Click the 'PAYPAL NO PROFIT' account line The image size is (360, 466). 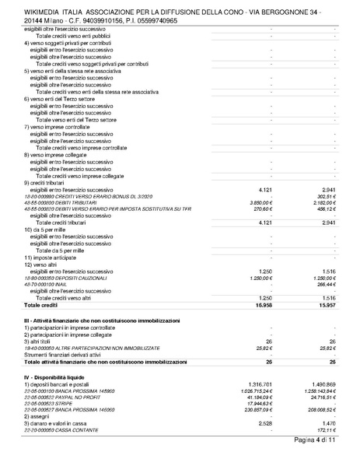(70, 398)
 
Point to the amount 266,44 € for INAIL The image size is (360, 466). (324, 284)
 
